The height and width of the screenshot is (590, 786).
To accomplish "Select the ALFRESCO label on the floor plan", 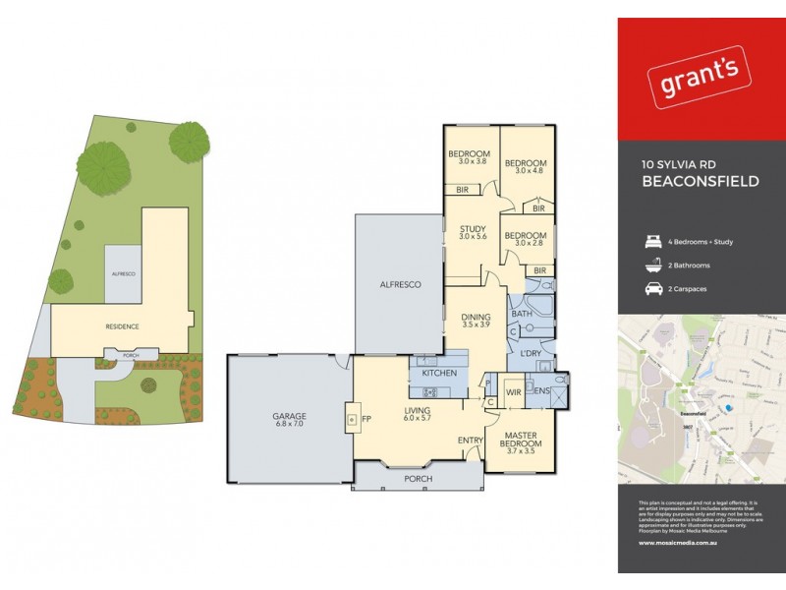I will click(401, 284).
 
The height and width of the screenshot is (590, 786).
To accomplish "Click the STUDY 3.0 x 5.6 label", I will click(473, 233).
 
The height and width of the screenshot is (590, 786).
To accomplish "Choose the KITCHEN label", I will click(438, 375).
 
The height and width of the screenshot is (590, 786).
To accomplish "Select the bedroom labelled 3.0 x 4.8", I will click(524, 167).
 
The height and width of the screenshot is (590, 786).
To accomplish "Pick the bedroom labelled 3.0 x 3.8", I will click(469, 157).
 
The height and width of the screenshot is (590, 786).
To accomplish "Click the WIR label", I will click(512, 392).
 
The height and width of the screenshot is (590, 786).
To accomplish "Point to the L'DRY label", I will click(533, 353).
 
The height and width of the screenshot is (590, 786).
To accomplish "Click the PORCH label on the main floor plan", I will click(419, 480).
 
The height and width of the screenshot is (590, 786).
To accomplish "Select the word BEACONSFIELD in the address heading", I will click(700, 182).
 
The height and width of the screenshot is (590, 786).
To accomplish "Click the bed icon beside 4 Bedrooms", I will click(649, 242).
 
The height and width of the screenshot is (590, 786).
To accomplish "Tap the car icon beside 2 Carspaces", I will click(649, 289).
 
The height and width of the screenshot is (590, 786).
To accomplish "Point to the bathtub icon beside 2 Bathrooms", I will click(649, 265).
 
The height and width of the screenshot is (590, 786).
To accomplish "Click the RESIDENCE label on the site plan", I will click(122, 325).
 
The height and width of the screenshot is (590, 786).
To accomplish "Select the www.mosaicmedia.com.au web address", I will click(676, 540).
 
